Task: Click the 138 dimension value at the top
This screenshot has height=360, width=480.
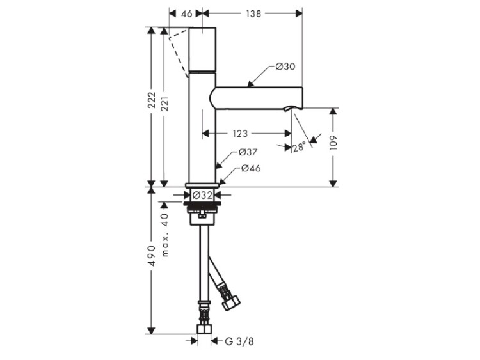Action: click(x=253, y=14)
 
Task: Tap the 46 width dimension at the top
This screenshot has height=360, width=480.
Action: click(x=186, y=14)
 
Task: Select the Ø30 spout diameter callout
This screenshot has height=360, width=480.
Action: click(x=285, y=67)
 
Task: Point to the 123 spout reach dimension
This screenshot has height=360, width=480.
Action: click(x=240, y=134)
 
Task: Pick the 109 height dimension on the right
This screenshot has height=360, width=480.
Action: click(x=333, y=142)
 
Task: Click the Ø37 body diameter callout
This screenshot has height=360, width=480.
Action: click(x=248, y=152)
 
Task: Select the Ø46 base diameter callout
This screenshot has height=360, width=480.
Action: click(x=251, y=168)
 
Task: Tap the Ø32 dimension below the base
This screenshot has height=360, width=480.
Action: click(x=202, y=195)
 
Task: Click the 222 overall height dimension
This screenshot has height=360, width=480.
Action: click(x=152, y=100)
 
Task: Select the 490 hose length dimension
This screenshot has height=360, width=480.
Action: click(x=152, y=255)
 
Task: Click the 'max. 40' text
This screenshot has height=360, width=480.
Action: click(x=165, y=235)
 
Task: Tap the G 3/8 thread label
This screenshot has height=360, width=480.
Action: click(x=239, y=341)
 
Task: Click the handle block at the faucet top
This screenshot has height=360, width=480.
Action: click(x=203, y=49)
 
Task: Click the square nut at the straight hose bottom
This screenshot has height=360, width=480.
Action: click(x=204, y=329)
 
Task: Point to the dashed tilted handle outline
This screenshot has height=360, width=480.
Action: click(x=177, y=52)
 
